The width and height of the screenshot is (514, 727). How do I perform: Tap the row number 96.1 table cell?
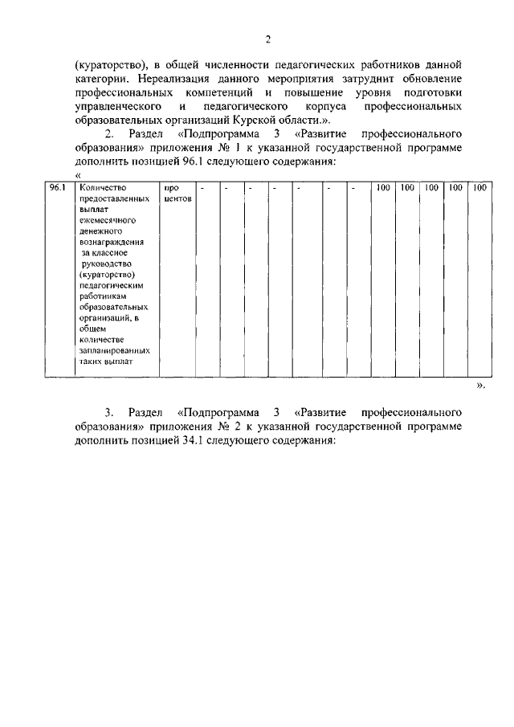[x=55, y=187]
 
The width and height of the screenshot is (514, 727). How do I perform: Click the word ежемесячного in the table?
[x=106, y=219]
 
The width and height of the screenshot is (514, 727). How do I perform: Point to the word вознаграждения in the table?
[x=112, y=241]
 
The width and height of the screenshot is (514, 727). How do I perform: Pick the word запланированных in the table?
[x=115, y=351]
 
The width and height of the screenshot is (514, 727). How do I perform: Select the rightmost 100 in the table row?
[x=480, y=187]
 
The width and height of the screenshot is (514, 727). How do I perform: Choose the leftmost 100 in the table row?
[x=383, y=187]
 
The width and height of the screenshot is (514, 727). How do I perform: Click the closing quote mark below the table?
[x=480, y=386]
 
